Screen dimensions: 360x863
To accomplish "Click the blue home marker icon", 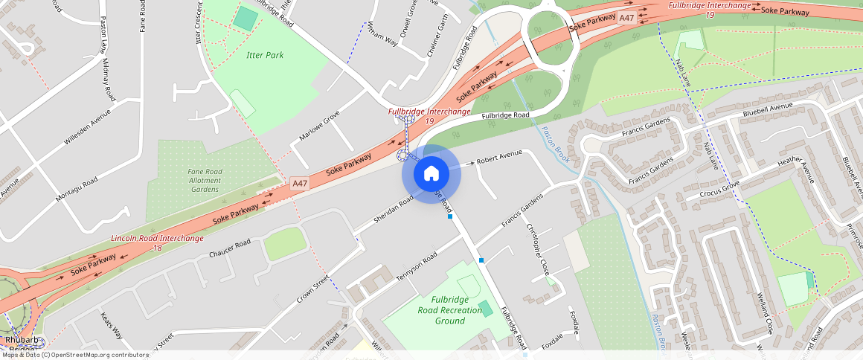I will click(431, 174).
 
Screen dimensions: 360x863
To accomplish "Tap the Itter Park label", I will click(265, 55).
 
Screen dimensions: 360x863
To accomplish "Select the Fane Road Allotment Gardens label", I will click(205, 181).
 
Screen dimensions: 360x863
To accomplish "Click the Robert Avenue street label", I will click(500, 159).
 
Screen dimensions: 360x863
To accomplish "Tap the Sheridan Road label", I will click(395, 210).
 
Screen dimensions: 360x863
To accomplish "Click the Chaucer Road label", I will click(230, 249).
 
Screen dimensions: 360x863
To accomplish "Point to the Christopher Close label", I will click(537, 249).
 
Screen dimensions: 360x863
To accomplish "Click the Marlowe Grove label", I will click(319, 126).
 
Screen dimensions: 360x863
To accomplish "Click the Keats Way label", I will click(112, 326).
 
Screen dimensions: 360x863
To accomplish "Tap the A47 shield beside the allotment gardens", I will click(300, 183).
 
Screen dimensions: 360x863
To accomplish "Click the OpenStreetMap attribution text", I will click(74, 355).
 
